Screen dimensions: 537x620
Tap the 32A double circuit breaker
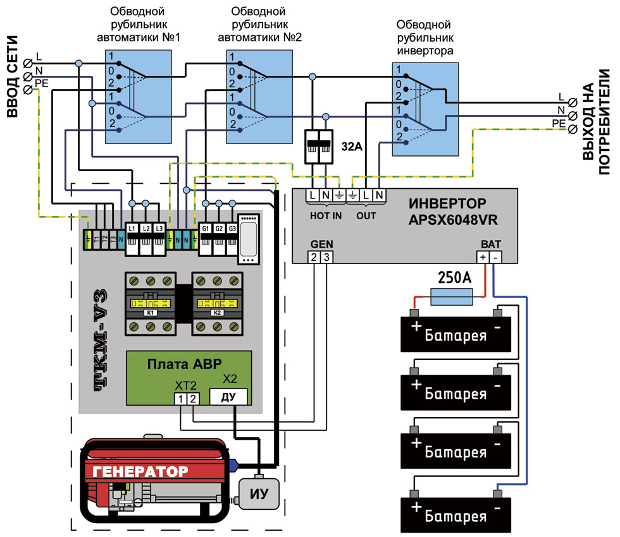click(319, 147)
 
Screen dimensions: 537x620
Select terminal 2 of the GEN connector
click(314, 256)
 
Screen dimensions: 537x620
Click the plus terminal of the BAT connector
click(483, 257)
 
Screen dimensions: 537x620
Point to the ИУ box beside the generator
click(258, 493)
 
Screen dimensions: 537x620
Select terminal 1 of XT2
click(182, 399)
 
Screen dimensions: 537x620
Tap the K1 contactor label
click(151, 313)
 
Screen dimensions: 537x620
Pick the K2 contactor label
click(217, 313)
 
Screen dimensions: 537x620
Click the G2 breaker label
click(219, 228)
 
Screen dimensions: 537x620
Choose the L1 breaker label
click(132, 228)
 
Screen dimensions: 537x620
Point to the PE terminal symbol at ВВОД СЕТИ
click(28, 90)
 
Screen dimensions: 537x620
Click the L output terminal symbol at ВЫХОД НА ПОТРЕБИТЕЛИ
click(573, 102)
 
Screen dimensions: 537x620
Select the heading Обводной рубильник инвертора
click(424, 38)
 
